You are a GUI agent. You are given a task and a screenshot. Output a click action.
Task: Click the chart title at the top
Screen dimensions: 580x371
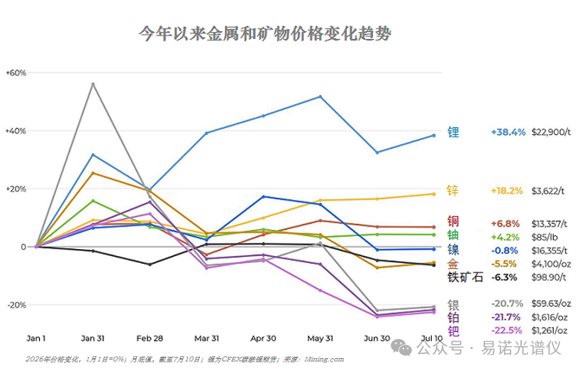265,33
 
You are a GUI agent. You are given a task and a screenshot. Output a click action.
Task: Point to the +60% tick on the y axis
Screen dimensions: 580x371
16,73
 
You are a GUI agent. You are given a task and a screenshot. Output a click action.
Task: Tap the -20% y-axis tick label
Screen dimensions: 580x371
16,305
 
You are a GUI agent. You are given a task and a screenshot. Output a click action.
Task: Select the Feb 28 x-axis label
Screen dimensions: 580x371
150,338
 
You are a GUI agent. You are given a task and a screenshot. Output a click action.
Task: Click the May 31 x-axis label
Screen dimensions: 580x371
320,338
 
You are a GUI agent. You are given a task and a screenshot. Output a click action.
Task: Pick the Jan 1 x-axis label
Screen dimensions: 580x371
36,338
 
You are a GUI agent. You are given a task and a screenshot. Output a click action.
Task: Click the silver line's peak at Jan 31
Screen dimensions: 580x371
93,84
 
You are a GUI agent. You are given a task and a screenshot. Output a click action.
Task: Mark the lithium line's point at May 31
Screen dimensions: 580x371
320,97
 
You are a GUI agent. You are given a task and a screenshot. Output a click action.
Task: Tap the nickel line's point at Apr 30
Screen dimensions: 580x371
263,196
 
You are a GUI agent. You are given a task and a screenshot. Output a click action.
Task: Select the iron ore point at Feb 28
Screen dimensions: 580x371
150,265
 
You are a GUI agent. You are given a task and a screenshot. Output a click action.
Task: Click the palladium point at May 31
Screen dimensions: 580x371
320,291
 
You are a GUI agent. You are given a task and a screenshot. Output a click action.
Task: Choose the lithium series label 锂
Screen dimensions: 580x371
453,132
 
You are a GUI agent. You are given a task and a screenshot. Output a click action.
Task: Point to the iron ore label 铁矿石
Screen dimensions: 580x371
465,277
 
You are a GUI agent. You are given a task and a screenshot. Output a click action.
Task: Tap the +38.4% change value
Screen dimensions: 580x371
508,132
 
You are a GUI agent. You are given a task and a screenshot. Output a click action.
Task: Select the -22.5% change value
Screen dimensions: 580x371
507,330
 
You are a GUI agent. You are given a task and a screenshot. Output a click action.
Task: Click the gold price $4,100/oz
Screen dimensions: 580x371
551,264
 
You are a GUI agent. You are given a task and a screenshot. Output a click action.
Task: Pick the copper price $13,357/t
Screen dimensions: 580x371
550,223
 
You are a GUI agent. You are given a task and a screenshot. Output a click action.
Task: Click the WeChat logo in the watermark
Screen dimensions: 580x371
401,348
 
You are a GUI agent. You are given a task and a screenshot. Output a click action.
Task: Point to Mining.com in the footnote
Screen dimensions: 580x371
324,359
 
